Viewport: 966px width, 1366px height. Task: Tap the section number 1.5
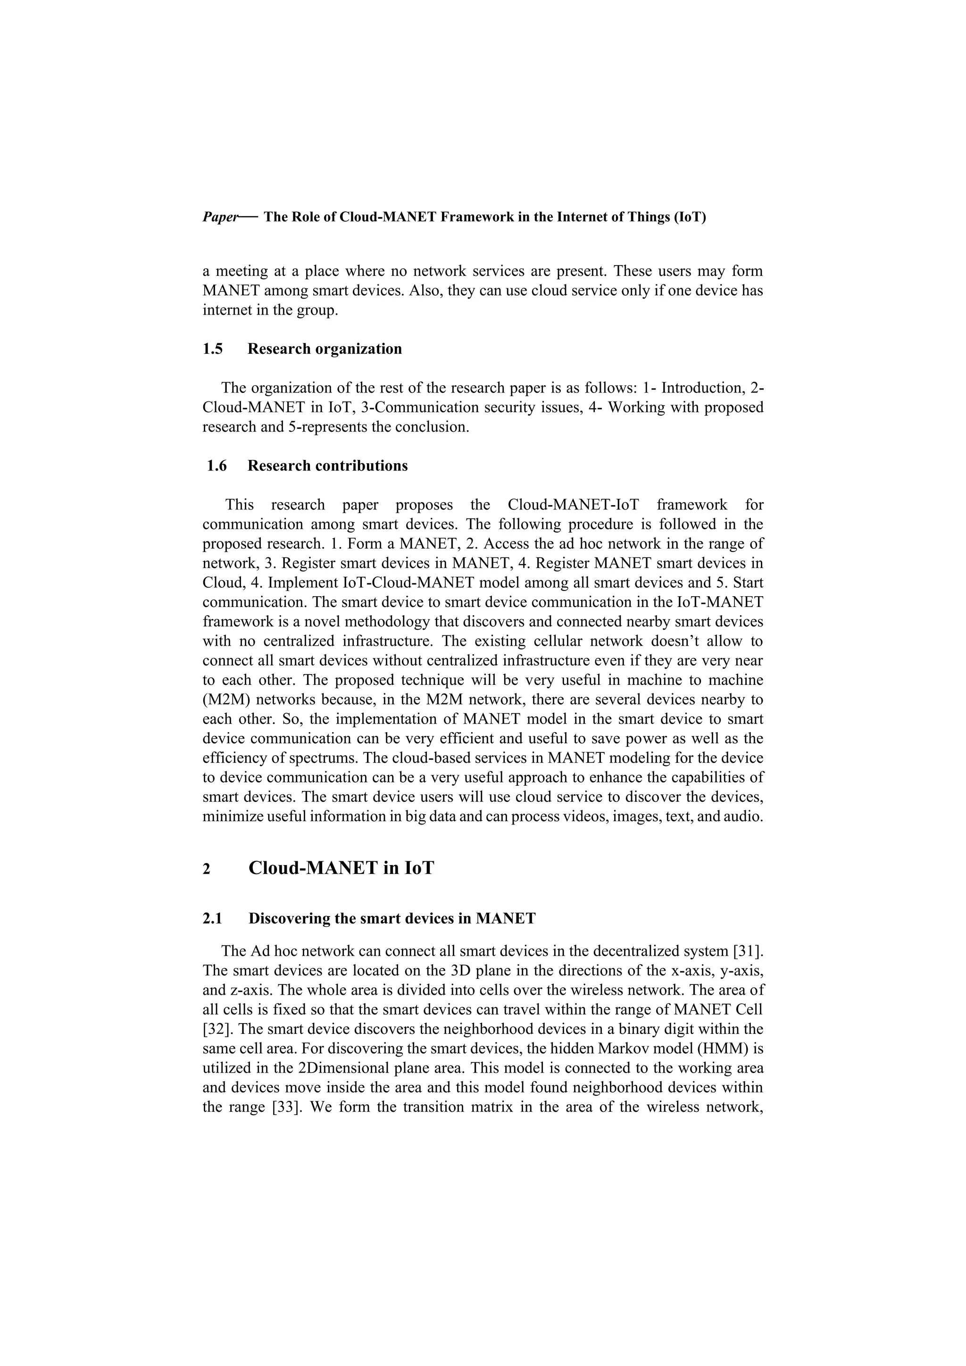[x=212, y=349]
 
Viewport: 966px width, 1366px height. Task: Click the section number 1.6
[x=217, y=466]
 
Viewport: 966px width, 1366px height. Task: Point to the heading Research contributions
[x=327, y=466]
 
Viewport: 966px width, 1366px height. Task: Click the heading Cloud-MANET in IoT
[x=341, y=868]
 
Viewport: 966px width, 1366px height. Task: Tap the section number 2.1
[x=212, y=918]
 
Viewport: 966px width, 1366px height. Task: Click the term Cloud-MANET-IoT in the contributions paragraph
[x=573, y=505]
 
